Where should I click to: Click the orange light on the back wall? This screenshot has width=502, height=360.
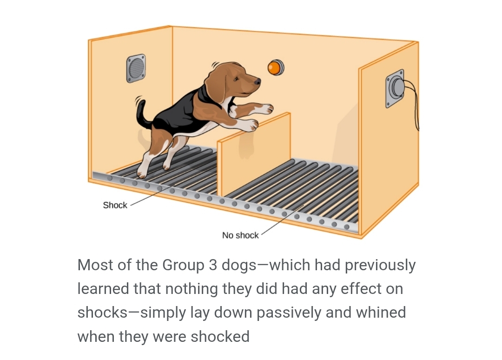point(275,67)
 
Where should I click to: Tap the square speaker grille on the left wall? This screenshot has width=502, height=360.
point(136,68)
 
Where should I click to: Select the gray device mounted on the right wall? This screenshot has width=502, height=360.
point(396,88)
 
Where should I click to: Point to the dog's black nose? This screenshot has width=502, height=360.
point(257,82)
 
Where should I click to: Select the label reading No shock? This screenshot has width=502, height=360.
point(240,235)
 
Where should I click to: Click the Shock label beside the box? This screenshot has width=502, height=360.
point(115,205)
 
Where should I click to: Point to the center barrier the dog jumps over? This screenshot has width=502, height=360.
point(254,154)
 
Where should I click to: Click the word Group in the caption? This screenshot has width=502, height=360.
point(183,265)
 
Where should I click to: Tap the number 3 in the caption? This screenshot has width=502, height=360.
point(213,265)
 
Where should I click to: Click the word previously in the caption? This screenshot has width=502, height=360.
point(380,266)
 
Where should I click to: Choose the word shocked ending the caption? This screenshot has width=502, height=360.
point(220,336)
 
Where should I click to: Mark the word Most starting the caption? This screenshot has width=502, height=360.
point(95,265)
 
